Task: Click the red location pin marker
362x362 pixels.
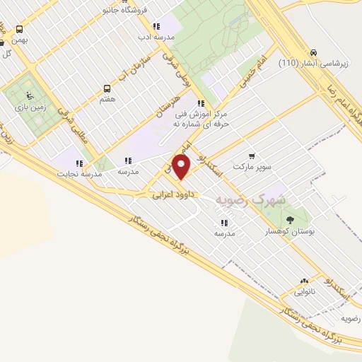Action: (x=182, y=166)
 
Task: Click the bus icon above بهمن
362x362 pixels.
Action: (x=19, y=30)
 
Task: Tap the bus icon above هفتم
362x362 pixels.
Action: (x=107, y=88)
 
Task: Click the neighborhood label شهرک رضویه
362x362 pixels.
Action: (x=250, y=194)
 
